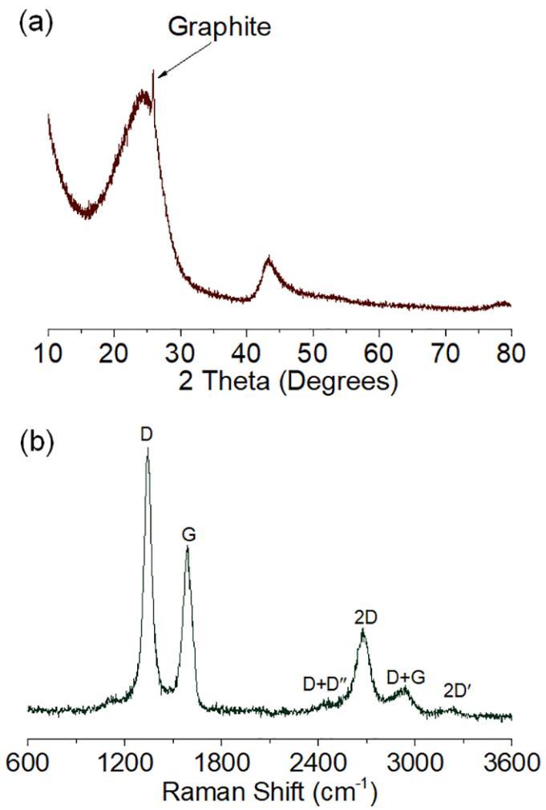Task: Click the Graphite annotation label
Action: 220,27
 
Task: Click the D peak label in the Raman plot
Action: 147,434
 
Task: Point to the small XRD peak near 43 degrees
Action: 269,259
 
